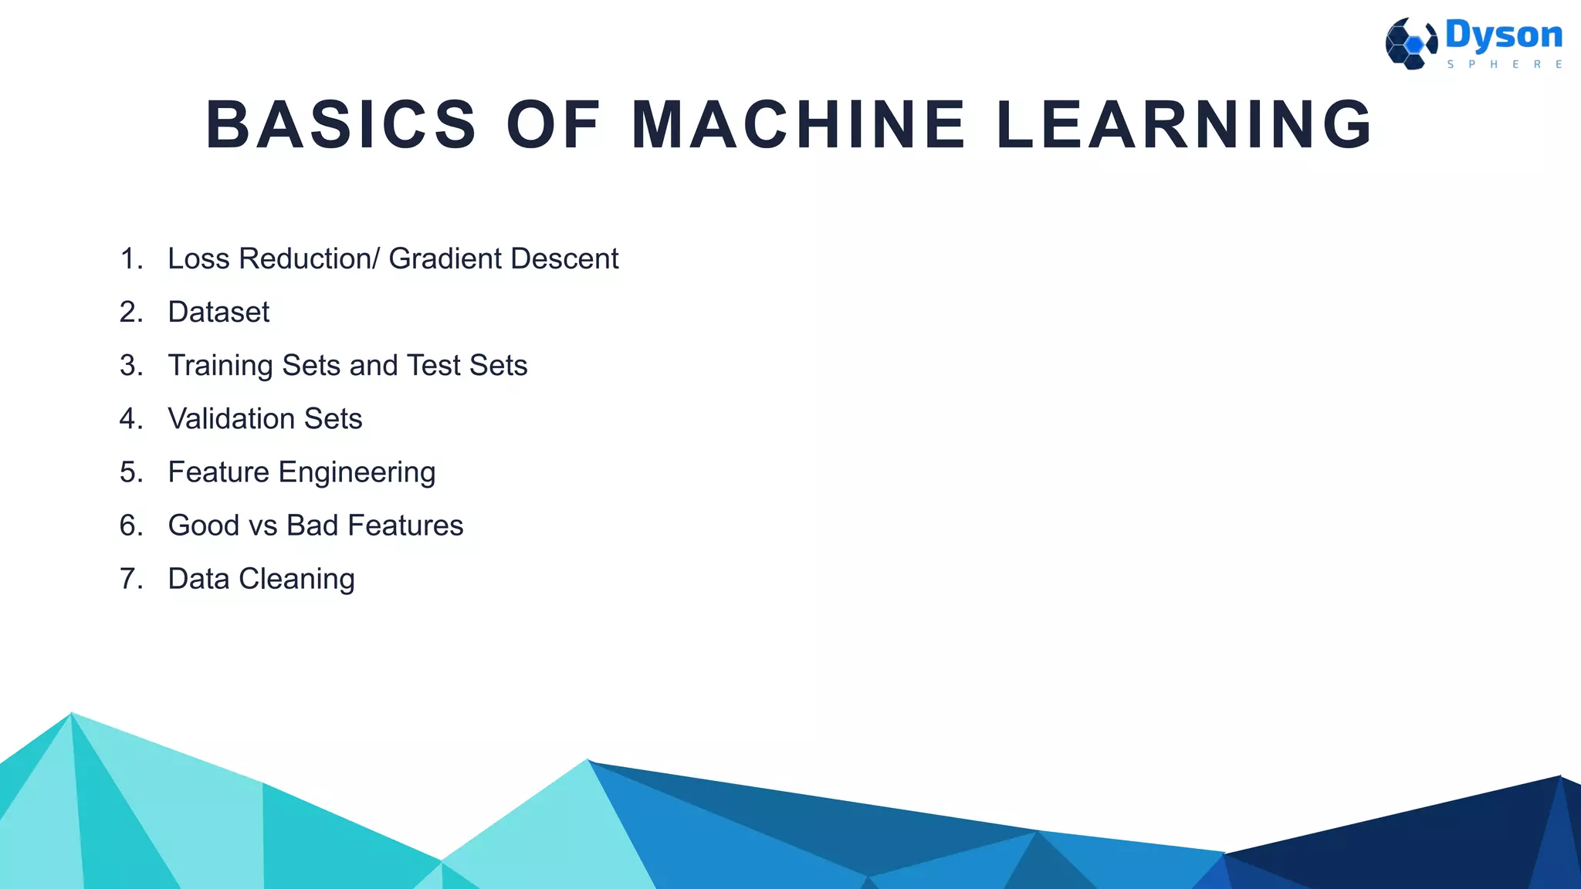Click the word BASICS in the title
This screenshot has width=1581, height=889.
[x=341, y=124]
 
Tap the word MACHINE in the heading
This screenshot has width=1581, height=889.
[x=798, y=124]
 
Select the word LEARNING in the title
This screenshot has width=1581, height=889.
[x=1184, y=124]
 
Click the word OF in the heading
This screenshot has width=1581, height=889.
[x=553, y=124]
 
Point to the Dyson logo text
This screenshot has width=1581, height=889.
[x=1503, y=35]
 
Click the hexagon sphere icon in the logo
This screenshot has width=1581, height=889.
[x=1410, y=44]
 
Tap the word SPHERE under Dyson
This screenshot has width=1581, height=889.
[x=1505, y=65]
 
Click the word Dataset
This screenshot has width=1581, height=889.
[x=218, y=313]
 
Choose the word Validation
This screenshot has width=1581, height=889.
[x=232, y=419]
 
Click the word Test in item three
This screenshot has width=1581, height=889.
[x=433, y=366]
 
